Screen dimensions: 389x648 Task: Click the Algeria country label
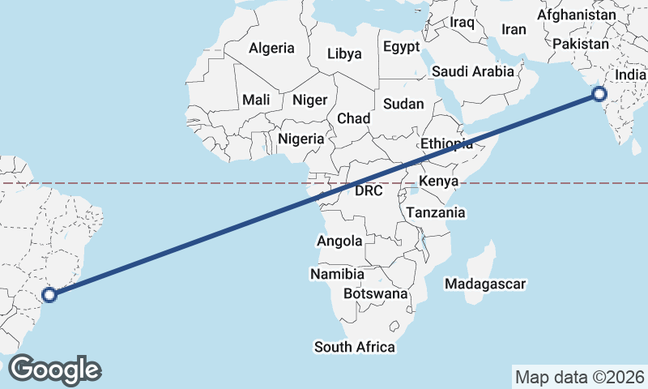tap(271, 48)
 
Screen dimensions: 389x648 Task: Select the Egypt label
tap(401, 46)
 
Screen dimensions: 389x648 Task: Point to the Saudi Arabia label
tap(472, 71)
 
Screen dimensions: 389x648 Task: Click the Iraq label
tap(462, 22)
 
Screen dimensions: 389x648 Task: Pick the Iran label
tap(514, 29)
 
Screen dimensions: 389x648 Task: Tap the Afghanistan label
tap(576, 15)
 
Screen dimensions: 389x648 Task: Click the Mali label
tap(256, 100)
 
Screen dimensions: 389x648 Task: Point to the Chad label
tap(353, 118)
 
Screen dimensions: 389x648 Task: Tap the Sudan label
tap(403, 104)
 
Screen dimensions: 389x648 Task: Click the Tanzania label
tap(436, 212)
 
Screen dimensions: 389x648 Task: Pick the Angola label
tap(339, 241)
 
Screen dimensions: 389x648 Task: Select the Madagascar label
tap(486, 284)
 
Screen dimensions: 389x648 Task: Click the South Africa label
tap(355, 347)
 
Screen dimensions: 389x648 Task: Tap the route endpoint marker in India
tap(599, 94)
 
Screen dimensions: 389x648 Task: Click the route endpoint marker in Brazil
tap(49, 295)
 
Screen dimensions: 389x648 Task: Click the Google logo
tap(53, 369)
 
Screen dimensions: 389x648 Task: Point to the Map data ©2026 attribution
tap(580, 377)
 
